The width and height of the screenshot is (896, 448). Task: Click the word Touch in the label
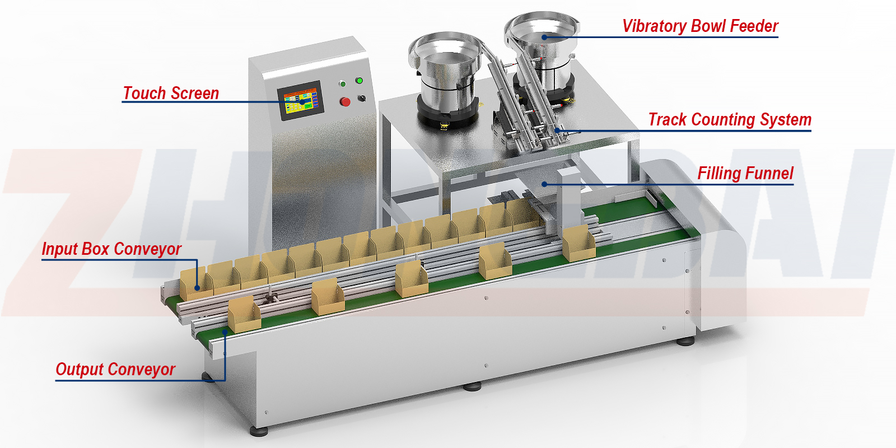click(143, 93)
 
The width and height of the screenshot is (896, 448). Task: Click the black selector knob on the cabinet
click(362, 99)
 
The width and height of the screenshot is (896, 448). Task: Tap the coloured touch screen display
click(300, 101)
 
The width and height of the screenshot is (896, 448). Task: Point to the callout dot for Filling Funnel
click(544, 184)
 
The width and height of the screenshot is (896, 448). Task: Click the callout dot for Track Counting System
click(557, 131)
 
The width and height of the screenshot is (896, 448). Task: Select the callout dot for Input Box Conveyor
click(197, 288)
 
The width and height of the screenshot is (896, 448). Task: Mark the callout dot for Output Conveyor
click(225, 332)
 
